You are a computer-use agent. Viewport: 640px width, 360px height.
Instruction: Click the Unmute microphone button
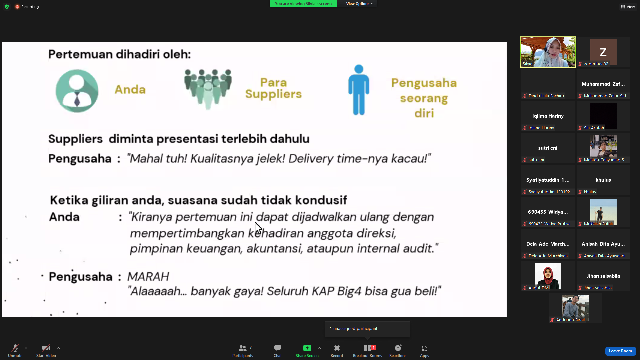(x=15, y=348)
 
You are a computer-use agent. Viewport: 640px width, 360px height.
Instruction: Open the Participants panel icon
(x=243, y=348)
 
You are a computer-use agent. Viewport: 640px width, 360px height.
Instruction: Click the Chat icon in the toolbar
(x=278, y=348)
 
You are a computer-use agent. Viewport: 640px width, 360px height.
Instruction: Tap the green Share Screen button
(x=307, y=348)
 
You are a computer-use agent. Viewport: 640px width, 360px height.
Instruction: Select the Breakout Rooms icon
(x=367, y=348)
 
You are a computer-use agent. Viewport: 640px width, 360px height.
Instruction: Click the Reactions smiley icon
(x=398, y=348)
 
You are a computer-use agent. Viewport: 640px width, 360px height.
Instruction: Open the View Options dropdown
(x=360, y=4)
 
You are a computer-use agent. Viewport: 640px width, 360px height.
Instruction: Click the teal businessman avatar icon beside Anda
(x=77, y=91)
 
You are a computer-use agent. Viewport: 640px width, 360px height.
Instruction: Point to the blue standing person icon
(x=359, y=90)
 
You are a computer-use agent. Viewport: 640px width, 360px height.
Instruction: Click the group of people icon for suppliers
(x=208, y=89)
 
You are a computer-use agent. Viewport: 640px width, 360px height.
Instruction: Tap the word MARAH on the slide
(x=148, y=276)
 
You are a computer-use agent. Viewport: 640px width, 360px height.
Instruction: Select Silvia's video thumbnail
(x=548, y=52)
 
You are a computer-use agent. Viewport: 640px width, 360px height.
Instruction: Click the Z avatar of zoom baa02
(x=603, y=52)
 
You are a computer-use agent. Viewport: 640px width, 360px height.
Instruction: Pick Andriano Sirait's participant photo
(x=575, y=306)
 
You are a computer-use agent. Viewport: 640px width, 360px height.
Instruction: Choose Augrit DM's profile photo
(x=548, y=276)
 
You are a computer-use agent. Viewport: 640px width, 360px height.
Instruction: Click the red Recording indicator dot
(x=17, y=7)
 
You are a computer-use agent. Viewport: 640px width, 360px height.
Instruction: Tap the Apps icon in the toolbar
(x=424, y=348)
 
